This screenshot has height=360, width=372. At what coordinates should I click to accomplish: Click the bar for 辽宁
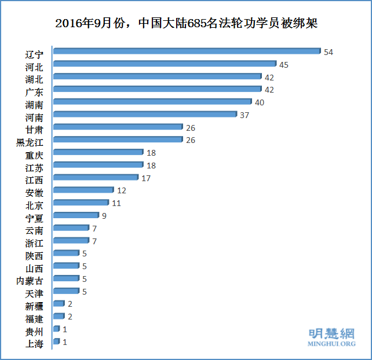[x=185, y=52]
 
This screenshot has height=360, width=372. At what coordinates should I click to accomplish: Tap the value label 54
[x=329, y=52]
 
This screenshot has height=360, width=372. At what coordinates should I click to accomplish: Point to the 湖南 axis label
[x=34, y=105]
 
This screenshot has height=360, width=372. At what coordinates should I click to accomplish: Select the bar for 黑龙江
[x=118, y=140]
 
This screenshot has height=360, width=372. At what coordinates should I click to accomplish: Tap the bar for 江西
[x=96, y=178]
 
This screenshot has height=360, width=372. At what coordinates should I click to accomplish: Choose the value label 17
[x=146, y=178]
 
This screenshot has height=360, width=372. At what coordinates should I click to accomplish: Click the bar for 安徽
[x=83, y=190]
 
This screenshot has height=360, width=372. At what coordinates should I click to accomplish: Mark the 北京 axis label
[x=34, y=205]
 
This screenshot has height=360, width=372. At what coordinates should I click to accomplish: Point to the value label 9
[x=104, y=216]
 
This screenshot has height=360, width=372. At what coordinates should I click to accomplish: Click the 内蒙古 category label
[x=30, y=281]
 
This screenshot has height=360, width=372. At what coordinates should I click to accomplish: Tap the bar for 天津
[x=65, y=291]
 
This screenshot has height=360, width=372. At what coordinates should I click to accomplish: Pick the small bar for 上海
[x=56, y=341]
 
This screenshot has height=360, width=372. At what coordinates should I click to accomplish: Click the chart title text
[x=186, y=23]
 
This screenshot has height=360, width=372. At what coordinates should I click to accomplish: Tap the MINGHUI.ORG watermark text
[x=331, y=344]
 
